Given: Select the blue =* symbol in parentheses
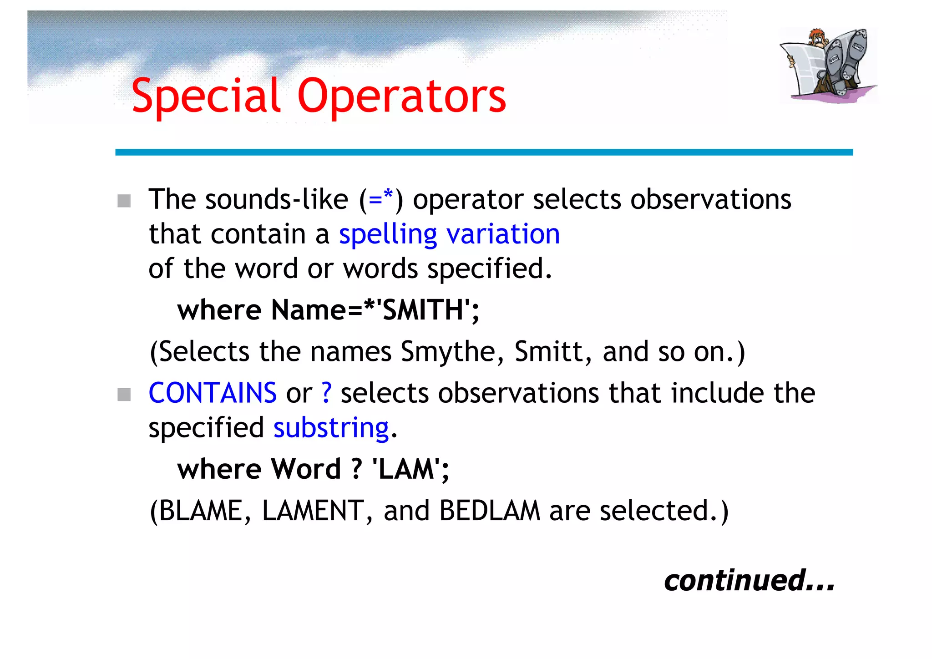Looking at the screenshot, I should [x=381, y=198].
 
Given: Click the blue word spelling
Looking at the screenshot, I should [x=388, y=235].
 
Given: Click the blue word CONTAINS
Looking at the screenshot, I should [x=213, y=393].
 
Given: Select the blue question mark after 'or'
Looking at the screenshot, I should [x=326, y=393].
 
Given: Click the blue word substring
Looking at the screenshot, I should [x=331, y=428].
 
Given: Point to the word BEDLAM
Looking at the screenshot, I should [x=490, y=511].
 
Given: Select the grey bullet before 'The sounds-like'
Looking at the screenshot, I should [x=124, y=201].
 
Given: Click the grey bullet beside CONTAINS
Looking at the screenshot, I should [x=124, y=394].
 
